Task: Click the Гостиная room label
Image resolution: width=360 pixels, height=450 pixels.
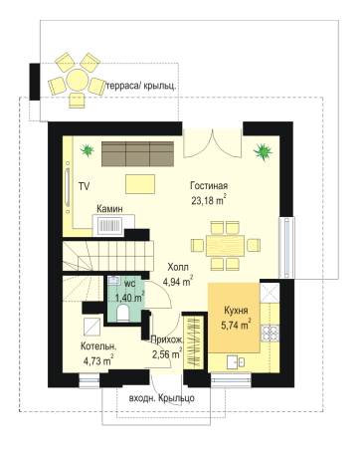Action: tap(209, 185)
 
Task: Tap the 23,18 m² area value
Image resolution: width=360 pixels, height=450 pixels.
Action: tap(209, 200)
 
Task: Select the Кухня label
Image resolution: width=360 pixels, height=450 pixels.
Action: tap(236, 311)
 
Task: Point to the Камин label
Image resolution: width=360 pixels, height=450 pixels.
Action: tap(109, 209)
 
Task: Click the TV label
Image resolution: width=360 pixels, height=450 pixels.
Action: tap(85, 186)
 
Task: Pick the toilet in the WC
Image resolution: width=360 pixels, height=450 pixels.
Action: tap(123, 313)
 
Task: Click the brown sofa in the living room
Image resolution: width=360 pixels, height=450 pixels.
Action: tap(137, 153)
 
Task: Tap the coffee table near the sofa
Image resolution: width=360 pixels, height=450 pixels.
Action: tap(140, 184)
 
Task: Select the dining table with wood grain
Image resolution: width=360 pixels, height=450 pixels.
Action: tap(225, 246)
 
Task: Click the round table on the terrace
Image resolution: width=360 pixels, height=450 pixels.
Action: tap(77, 80)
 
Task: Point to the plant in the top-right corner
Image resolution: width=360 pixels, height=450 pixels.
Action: tap(263, 152)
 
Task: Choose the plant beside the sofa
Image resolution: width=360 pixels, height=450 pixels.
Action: tap(88, 150)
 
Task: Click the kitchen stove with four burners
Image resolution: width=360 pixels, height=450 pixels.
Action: tap(270, 334)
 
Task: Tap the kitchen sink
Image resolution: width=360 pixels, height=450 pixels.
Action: tap(236, 361)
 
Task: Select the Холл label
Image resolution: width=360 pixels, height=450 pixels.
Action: tap(178, 267)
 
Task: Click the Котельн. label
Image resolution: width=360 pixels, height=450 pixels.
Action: tap(98, 346)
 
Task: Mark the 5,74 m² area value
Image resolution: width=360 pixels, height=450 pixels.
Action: tap(236, 325)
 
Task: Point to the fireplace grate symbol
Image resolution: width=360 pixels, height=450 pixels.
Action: tap(108, 225)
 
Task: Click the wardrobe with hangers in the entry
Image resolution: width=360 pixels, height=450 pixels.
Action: tap(194, 342)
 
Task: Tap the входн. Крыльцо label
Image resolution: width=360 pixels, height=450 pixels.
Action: tap(162, 397)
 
